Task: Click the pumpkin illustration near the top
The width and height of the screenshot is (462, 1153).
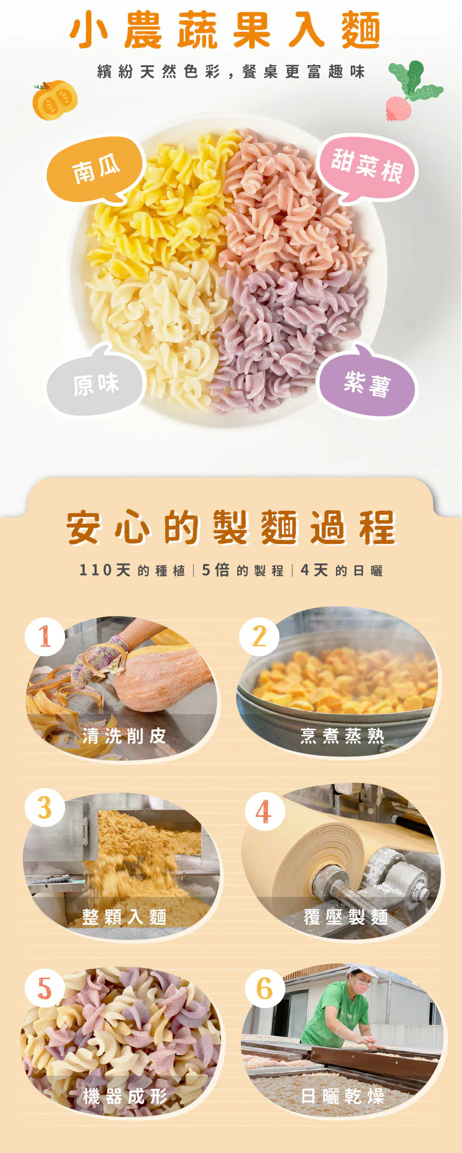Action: point(54,100)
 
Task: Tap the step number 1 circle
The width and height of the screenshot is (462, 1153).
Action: point(45,636)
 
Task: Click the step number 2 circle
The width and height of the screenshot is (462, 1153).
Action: point(259,636)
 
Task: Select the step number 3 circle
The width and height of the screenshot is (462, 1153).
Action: point(45,807)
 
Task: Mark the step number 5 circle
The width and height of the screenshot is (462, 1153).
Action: point(45,988)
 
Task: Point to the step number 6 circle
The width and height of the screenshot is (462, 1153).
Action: point(264,989)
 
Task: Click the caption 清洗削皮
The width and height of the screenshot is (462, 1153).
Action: point(124,736)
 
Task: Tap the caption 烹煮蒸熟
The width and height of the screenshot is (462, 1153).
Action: point(342,736)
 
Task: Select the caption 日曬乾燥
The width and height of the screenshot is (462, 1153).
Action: point(342,1096)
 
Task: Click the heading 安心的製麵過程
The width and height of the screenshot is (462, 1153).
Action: point(231,527)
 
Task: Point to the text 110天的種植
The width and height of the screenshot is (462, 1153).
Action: point(132,570)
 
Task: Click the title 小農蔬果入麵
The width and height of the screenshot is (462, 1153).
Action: point(225,30)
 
